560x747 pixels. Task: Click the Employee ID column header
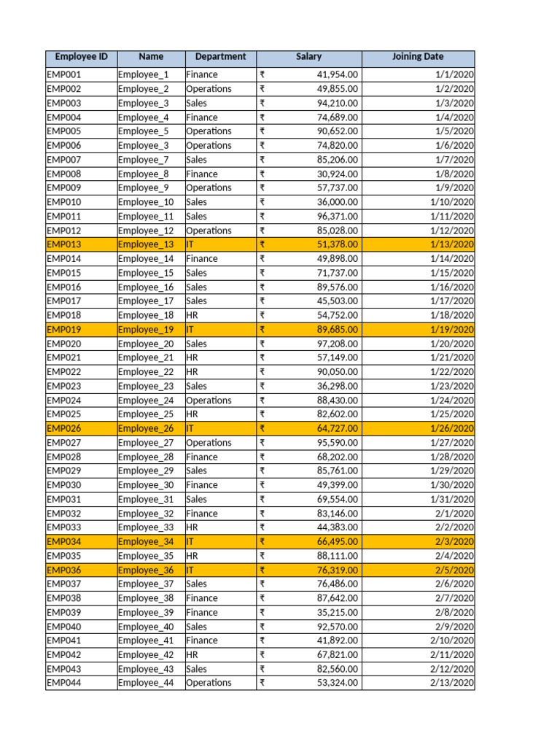[81, 57]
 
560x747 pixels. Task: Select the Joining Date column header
[418, 57]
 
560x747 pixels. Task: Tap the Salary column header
[308, 57]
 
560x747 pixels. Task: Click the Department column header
[220, 57]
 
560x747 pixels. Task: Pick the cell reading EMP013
[64, 244]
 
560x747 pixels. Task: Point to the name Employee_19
[146, 330]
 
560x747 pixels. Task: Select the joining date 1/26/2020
[452, 428]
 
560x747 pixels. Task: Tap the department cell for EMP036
[190, 570]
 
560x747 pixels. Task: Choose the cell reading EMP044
[64, 683]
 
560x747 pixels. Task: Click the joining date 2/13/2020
[452, 683]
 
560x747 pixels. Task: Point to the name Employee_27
[146, 443]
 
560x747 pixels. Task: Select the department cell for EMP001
[202, 74]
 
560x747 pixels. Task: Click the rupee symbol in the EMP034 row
[262, 541]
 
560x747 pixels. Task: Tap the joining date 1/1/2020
[455, 74]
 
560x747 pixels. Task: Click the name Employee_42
[146, 654]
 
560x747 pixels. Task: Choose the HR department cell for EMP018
[192, 315]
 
